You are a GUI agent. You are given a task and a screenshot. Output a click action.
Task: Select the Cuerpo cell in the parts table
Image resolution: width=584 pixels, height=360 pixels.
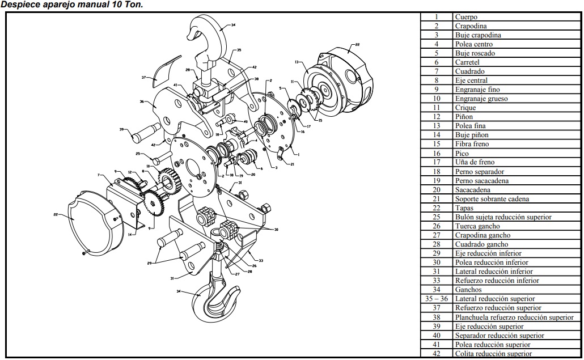pos(466,17)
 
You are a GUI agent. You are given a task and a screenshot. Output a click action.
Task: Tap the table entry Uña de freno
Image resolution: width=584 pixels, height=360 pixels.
pos(475,162)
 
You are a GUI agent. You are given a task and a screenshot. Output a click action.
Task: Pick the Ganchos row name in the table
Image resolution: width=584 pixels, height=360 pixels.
pos(468,290)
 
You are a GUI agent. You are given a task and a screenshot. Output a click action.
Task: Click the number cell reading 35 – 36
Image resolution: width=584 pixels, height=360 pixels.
pos(436,299)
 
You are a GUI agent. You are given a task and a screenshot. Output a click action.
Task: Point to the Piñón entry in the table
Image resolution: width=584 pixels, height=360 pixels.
pos(464,117)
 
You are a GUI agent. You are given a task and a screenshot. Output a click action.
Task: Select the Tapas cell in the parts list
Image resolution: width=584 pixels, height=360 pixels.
pos(465,208)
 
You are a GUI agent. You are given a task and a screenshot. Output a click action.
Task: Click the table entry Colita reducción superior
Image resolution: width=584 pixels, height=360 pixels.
pos(493,354)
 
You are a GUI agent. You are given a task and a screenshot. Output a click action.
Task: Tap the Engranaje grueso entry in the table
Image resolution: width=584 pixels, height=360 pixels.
pos(481,99)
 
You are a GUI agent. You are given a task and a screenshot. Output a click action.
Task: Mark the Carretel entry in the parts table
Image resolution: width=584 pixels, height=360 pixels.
pos(467,62)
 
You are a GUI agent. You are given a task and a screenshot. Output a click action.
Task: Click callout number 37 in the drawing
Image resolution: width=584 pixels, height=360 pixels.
pos(144,77)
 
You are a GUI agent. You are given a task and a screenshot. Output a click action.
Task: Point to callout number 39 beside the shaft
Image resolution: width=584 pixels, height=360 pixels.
pos(121,130)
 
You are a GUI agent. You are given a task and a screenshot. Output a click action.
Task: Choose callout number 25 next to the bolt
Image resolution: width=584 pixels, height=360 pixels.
pos(138,154)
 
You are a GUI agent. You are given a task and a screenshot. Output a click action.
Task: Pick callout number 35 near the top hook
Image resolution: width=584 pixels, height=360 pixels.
pos(239,50)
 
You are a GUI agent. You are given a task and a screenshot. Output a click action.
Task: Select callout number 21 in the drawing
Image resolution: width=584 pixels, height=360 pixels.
pos(291,164)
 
